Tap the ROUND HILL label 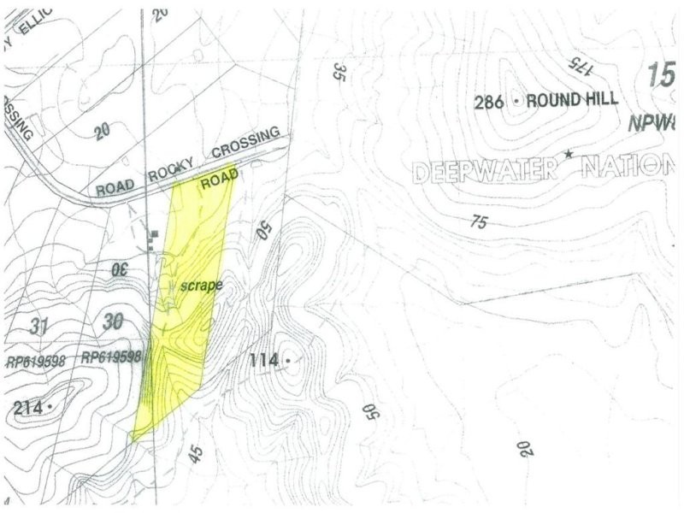pyautogui.click(x=571, y=100)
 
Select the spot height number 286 pyautogui.click(x=492, y=102)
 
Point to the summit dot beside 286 pyautogui.click(x=516, y=101)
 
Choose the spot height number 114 pyautogui.click(x=265, y=361)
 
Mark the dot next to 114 pyautogui.click(x=288, y=361)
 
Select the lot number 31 pyautogui.click(x=38, y=327)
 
